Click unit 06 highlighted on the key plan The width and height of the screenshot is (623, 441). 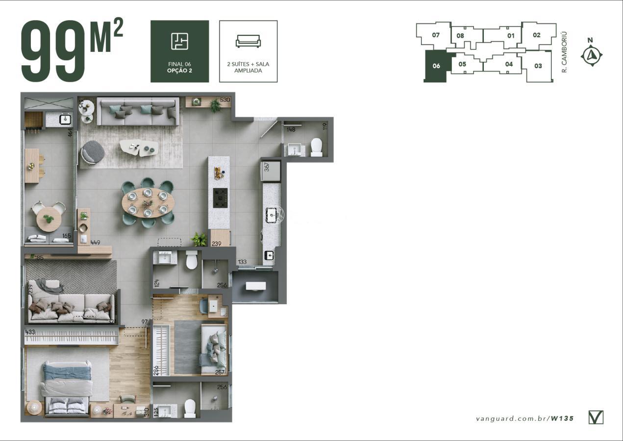pos(436,66)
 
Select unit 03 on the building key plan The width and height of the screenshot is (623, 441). pos(538,66)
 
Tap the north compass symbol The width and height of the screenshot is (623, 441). pos(591,55)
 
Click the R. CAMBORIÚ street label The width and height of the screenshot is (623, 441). pos(564,52)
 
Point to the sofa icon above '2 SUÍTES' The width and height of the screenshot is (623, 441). pos(248,41)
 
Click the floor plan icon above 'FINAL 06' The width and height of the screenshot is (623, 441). pos(179,41)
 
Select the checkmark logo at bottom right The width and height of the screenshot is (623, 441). pos(596,417)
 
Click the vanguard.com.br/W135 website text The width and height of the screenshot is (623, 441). pos(524,418)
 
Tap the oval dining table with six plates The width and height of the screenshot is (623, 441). pos(147,202)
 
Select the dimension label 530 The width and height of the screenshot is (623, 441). pos(225,100)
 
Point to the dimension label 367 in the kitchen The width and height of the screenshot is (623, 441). pos(267,166)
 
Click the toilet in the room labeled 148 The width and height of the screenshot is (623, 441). pos(316,147)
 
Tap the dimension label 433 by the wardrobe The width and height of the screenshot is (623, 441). pos(30,332)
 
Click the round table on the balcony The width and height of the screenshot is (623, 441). pos(49,218)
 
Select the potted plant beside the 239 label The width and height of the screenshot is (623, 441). pos(199,240)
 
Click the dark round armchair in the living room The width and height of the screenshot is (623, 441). pos(92,152)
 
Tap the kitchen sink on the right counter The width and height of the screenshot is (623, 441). pos(271,214)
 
